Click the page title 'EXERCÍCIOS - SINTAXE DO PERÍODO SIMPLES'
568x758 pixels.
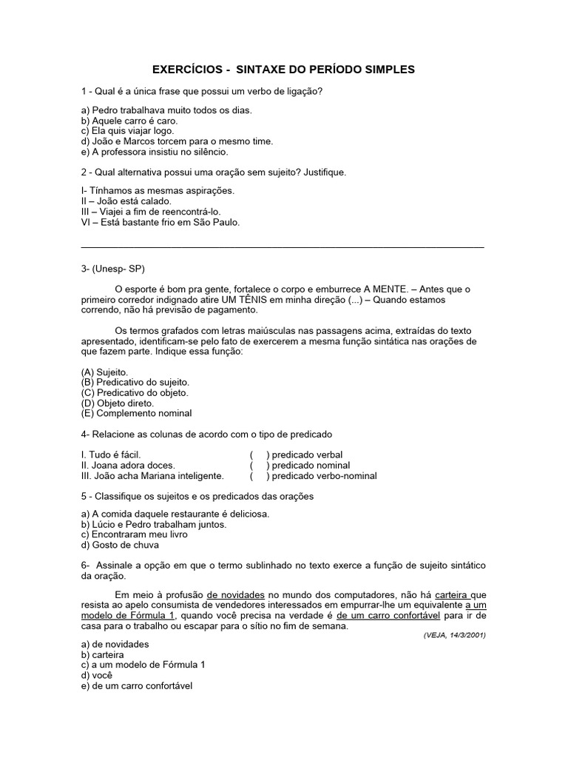pos(283,70)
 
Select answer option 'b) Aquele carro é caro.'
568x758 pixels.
pos(129,120)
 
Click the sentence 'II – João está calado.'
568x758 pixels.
pos(126,201)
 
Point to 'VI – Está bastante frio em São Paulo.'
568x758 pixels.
pos(160,221)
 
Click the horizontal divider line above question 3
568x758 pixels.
pos(282,246)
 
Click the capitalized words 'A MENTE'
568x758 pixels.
pos(382,288)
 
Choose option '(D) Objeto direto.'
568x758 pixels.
pos(118,403)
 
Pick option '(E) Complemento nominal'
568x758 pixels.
pos(136,413)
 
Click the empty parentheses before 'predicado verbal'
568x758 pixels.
pos(258,455)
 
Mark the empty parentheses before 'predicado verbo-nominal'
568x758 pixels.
pos(258,475)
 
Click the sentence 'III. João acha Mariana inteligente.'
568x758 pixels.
pos(152,475)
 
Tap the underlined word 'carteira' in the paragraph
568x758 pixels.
pos(451,594)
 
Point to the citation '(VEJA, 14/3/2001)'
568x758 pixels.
pos(454,635)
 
